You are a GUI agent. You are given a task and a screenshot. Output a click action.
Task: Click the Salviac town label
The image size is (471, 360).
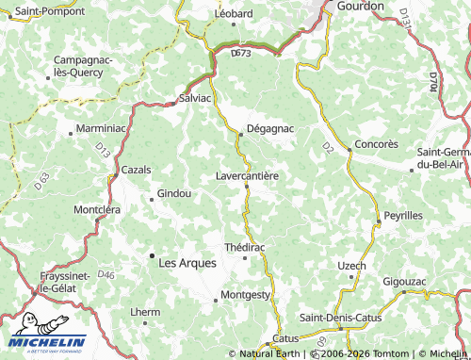click(196, 98)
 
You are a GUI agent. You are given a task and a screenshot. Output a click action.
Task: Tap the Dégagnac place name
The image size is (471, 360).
click(269, 127)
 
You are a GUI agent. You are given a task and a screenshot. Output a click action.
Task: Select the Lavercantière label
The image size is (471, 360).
click(247, 175)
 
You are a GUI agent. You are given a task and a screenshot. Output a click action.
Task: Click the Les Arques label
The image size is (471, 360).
click(188, 263)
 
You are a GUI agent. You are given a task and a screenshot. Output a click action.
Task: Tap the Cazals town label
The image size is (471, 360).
click(137, 170)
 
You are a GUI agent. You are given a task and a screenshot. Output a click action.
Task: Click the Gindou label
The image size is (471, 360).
click(174, 193)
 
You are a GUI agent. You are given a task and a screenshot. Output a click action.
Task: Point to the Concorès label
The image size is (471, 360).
click(376, 144)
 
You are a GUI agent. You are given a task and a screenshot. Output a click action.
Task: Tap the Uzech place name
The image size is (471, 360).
click(351, 266)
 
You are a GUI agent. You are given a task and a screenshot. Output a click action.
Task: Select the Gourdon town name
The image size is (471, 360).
click(361, 6)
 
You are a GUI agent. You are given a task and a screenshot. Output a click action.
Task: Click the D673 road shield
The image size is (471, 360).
click(241, 54)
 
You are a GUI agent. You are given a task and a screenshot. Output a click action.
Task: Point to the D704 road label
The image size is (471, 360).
click(433, 81)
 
